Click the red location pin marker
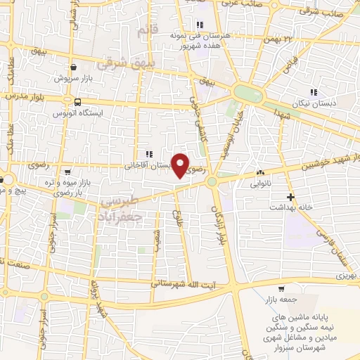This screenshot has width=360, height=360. (181, 165)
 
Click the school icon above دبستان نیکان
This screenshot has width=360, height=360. (314, 91)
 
